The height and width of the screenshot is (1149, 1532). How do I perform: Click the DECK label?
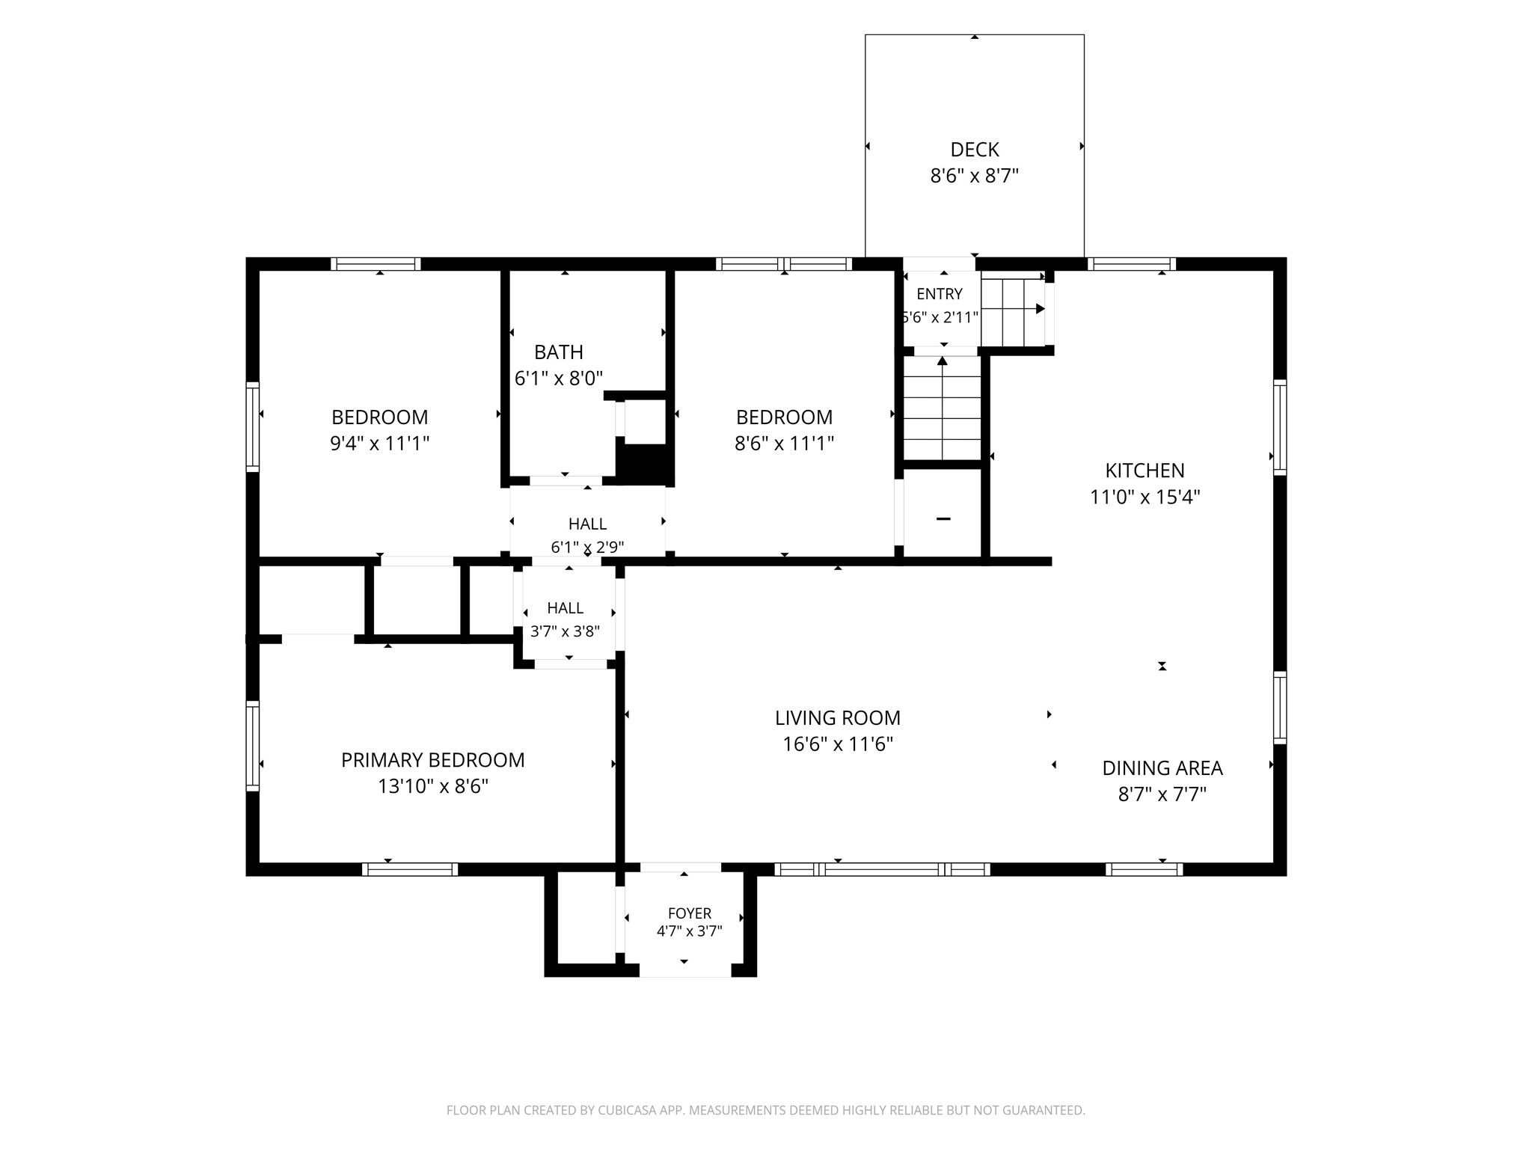(975, 150)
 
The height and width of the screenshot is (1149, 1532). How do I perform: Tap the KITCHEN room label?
(1145, 471)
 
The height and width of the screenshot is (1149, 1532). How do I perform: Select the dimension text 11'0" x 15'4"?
(1145, 497)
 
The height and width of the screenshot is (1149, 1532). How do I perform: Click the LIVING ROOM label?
(838, 718)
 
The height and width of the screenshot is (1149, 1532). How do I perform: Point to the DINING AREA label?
(1162, 768)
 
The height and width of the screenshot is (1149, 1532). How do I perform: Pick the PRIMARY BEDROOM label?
(433, 760)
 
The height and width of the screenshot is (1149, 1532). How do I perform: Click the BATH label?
(559, 352)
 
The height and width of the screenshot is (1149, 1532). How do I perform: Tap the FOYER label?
(690, 913)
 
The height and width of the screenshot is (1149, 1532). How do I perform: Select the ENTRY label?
(940, 294)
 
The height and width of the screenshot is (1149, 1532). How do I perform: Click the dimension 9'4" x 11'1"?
(380, 444)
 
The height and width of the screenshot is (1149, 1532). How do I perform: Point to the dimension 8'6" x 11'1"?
(784, 444)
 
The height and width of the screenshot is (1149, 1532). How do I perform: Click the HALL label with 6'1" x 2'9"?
(587, 524)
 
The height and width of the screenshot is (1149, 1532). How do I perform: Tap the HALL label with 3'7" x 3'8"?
(565, 608)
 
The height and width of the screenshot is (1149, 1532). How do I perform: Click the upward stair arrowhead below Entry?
(943, 361)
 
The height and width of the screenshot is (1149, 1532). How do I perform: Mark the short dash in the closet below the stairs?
(943, 519)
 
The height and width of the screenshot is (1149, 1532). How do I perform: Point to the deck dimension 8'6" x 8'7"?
(975, 176)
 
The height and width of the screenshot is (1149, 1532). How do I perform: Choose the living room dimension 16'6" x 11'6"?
(838, 744)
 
